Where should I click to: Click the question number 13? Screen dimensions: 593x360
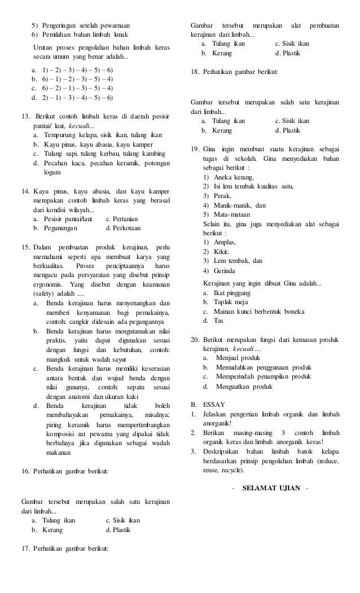coord(25,116)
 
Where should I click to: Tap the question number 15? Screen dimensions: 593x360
coord(25,247)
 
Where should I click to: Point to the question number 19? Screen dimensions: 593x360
coord(195,148)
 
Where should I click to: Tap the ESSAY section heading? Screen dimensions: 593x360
coord(214,405)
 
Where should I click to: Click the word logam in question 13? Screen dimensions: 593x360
coord(52,172)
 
